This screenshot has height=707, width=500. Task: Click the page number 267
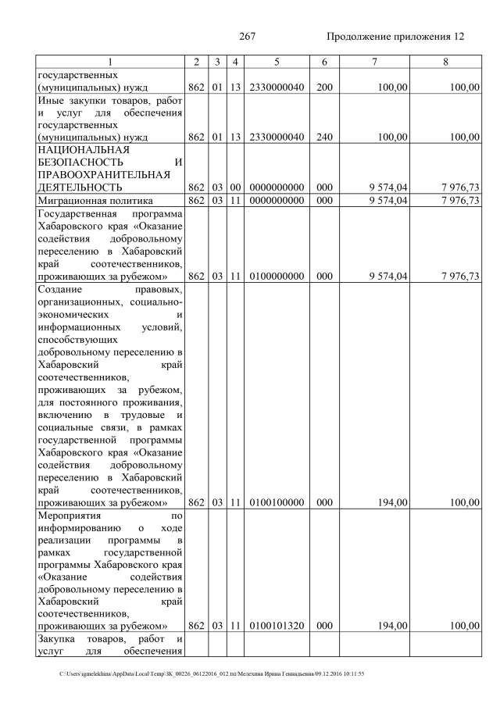click(x=248, y=37)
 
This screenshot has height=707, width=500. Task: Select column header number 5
click(x=277, y=62)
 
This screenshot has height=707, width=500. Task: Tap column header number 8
click(x=445, y=62)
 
